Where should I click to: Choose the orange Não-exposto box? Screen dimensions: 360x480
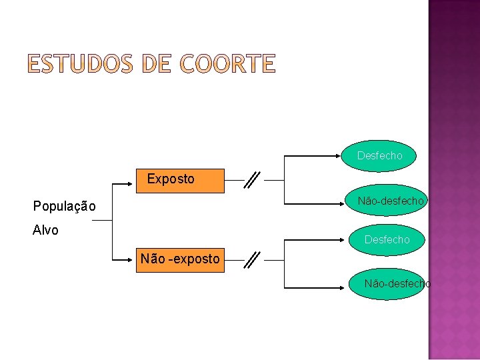pos(180,259)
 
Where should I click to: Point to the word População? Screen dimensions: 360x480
pos(65,207)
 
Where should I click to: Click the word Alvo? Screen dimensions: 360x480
pos(46,230)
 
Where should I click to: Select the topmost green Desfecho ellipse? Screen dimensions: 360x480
pos(380,155)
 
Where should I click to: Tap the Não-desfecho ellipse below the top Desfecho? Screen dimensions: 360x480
pos(389,201)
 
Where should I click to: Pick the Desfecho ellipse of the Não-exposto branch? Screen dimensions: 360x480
pos(387,239)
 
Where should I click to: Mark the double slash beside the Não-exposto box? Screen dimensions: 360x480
pos(253,259)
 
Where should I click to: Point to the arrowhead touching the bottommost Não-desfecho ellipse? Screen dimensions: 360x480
pos(347,288)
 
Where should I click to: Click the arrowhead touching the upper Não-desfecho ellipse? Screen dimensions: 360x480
pos(347,203)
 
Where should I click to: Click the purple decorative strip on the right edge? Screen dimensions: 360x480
pos(454,180)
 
